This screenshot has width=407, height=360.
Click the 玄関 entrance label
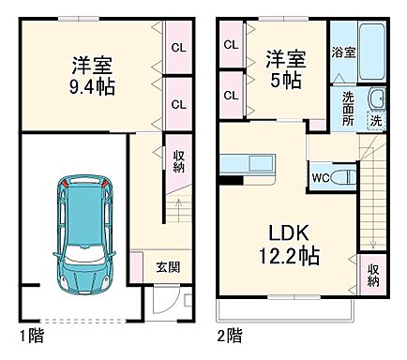pyautogui.click(x=167, y=265)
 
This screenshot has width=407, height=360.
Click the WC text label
pyautogui.click(x=319, y=175)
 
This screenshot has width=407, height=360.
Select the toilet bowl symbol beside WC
pyautogui.click(x=342, y=175)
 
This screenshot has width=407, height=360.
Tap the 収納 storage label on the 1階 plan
pyautogui.click(x=178, y=160)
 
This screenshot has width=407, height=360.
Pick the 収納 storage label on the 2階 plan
pyautogui.click(x=373, y=273)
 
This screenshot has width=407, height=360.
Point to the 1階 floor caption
pyautogui.click(x=33, y=334)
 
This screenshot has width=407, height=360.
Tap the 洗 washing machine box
pyautogui.click(x=376, y=122)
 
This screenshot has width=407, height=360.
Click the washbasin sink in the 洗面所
pyautogui.click(x=376, y=98)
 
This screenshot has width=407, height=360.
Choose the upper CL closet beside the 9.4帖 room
pyautogui.click(x=177, y=44)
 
